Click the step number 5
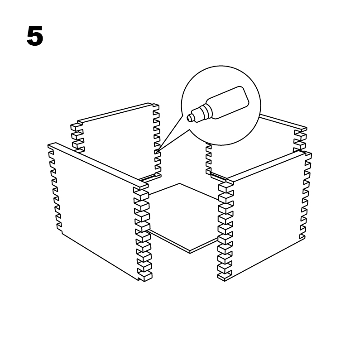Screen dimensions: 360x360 click(35, 36)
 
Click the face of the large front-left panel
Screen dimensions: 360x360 click(97, 208)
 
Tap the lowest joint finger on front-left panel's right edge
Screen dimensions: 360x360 click(145, 275)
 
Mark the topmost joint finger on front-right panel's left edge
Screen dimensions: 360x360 click(225, 187)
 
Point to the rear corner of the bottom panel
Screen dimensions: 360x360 click(180, 184)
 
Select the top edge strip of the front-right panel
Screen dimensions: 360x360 click(267, 166)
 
